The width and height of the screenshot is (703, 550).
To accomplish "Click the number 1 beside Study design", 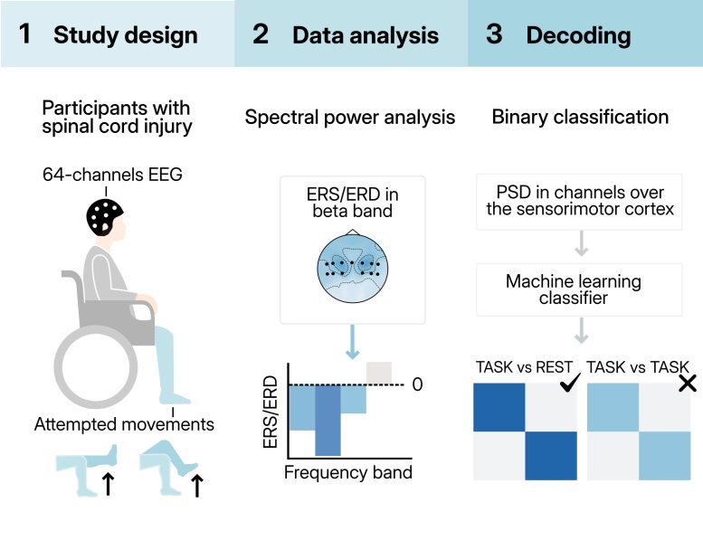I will [x=24, y=35].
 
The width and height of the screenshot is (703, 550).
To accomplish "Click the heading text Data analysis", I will [x=365, y=36].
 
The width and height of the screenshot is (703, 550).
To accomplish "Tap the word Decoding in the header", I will [x=578, y=36].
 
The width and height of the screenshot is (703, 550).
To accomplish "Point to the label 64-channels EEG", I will [x=112, y=175].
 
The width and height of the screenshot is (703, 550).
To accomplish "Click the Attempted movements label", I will [x=125, y=423].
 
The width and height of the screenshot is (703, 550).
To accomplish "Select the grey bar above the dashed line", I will [x=378, y=372].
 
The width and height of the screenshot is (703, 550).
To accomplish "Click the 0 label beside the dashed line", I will [x=417, y=384].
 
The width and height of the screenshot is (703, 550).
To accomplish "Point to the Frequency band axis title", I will [x=348, y=471].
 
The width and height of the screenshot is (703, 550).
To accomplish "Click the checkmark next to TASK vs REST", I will [x=570, y=384].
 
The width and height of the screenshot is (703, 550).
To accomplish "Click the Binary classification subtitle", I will [x=580, y=117].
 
